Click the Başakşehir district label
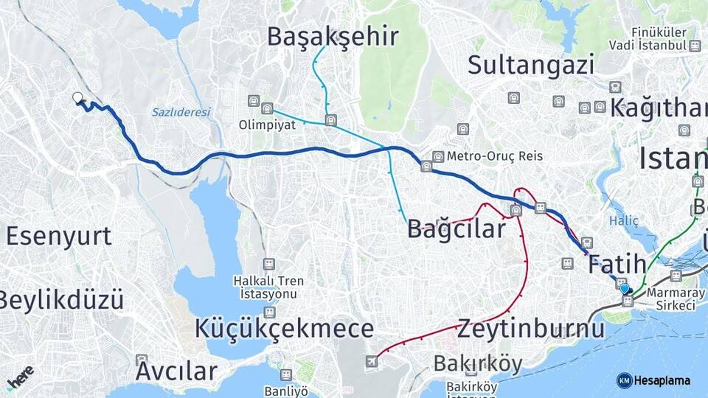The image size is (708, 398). [333, 36]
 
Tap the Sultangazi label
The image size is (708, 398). [531, 65]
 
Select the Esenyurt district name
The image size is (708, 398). [59, 236]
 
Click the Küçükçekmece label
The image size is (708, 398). [285, 329]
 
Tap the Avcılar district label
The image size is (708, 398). [176, 371]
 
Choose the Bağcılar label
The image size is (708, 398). [457, 229]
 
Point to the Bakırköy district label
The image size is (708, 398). [478, 363]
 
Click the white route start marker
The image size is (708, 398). [77, 97]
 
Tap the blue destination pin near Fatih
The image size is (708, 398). [625, 289]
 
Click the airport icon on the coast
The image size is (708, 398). [371, 361]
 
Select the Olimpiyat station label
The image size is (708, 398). [267, 125]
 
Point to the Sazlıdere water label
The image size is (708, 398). [181, 113]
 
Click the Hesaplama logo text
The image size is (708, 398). [662, 380]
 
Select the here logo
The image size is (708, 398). [20, 379]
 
